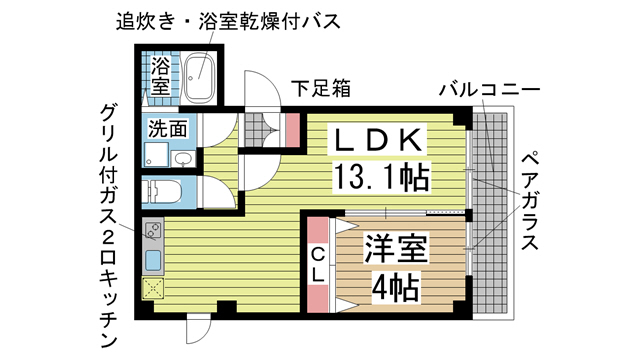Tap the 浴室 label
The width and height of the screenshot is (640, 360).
pyautogui.click(x=160, y=78)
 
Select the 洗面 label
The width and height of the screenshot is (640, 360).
pyautogui.click(x=168, y=128)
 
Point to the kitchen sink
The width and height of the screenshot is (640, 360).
pyautogui.click(x=154, y=261)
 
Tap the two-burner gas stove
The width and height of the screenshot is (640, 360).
pyautogui.click(x=154, y=233)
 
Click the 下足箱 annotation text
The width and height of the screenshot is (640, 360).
pyautogui.click(x=320, y=88)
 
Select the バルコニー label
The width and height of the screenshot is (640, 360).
pyautogui.click(x=490, y=90)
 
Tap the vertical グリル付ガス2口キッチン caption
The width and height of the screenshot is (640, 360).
pyautogui.click(x=111, y=226)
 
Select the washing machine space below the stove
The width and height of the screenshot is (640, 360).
pyautogui.click(x=154, y=290)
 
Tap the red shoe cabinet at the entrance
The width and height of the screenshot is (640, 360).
pyautogui.click(x=293, y=128)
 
